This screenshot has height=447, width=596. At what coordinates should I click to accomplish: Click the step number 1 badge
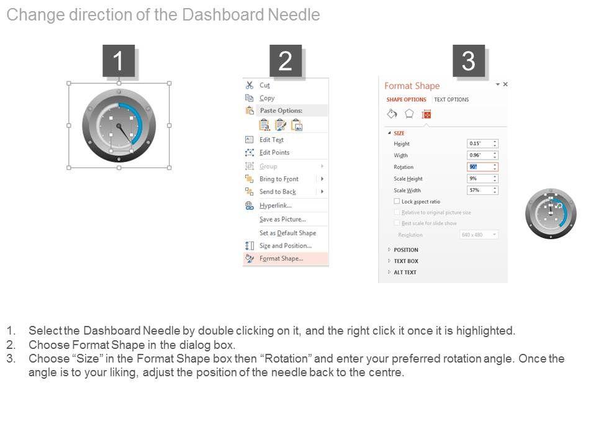click(119, 61)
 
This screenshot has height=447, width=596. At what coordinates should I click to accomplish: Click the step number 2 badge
click(286, 61)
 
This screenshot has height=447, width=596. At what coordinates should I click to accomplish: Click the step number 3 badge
click(469, 61)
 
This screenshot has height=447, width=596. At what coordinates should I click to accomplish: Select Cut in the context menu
click(264, 86)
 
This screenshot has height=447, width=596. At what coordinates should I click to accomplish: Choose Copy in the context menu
click(267, 98)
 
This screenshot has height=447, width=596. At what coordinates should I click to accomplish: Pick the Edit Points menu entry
click(274, 153)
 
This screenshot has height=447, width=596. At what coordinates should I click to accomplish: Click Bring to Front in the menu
click(279, 179)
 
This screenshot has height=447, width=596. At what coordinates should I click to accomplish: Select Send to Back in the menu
click(278, 192)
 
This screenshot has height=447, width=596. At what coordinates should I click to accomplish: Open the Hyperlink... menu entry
click(275, 205)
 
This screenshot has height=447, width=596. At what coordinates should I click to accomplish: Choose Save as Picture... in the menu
click(282, 219)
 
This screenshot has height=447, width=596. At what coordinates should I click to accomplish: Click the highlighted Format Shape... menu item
click(281, 259)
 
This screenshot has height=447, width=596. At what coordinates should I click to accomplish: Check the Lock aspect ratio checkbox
click(397, 202)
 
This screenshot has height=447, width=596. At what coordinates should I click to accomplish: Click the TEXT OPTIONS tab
click(451, 99)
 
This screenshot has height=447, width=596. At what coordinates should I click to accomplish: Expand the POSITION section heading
click(405, 250)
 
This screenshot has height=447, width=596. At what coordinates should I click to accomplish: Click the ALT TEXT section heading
click(405, 273)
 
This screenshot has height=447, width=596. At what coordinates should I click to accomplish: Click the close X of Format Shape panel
click(505, 84)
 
